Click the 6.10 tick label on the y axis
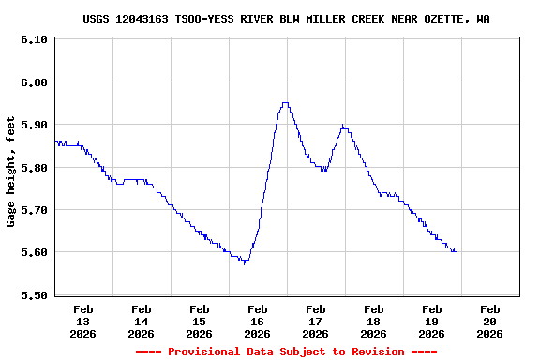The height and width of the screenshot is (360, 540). pos(34,39)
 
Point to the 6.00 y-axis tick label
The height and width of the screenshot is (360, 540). pos(34,82)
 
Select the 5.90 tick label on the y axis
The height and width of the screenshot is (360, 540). pos(34,125)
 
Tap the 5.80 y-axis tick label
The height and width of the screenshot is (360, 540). pos(34,168)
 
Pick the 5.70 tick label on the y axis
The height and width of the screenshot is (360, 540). pos(34,210)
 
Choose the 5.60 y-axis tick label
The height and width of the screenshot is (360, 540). pos(34,252)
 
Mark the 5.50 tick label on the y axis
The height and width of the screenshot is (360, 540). pos(34,295)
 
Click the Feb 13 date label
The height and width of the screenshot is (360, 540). pos(83,321)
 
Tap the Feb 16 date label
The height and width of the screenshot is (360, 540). pos(258,321)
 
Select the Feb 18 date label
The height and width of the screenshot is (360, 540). pos(374,321)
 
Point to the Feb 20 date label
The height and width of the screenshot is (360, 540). pos(490,321)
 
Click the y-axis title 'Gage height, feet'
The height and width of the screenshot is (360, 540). pos(11,172)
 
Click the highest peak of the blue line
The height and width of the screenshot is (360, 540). pos(285,103)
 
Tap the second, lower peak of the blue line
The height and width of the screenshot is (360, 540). pos(344,126)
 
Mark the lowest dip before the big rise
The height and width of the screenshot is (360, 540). pos(245,263)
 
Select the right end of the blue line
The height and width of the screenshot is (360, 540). pos(456,250)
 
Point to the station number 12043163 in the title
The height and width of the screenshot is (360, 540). pos(144,19)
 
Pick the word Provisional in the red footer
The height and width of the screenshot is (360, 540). pos(202,352)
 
